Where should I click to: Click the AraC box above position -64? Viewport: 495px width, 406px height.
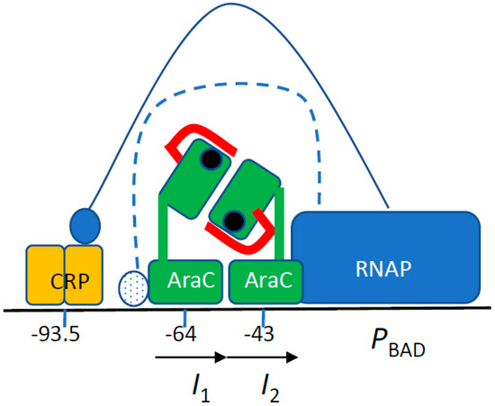[x=184, y=282]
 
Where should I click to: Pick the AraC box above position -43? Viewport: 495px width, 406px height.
[x=265, y=282]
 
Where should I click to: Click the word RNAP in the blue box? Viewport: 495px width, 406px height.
[x=390, y=267]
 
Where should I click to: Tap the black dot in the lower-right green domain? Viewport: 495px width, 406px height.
[x=234, y=219]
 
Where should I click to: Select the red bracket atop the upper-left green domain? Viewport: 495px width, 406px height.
[x=193, y=136]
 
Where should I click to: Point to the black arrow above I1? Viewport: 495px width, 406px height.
[x=189, y=357]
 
